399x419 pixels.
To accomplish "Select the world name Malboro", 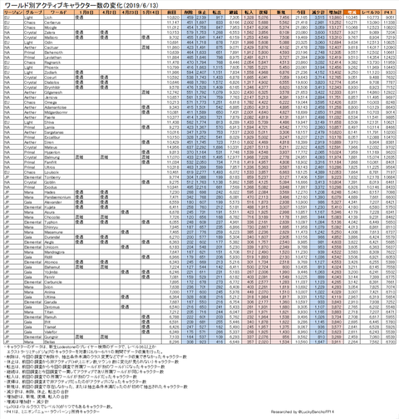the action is [53, 37].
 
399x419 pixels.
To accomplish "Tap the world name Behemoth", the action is [55, 52].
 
